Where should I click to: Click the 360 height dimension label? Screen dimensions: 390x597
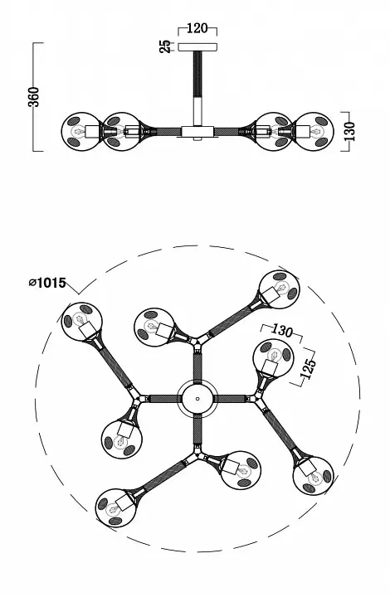pos(34,97)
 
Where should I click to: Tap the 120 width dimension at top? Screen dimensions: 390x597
pos(197,28)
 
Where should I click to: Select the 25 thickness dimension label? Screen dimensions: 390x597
pos(166,46)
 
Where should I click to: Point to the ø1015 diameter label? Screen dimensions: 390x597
pos(47,283)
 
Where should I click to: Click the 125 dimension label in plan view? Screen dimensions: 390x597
pos(308,368)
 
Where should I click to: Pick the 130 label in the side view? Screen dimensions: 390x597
pos(350,131)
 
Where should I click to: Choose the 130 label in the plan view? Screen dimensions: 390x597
pos(281,331)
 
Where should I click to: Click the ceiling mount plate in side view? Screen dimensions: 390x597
pos(197,46)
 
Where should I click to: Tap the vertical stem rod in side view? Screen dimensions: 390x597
pos(197,89)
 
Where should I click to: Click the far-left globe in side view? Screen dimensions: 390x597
pos(81,131)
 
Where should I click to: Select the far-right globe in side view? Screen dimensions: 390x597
pos(314,131)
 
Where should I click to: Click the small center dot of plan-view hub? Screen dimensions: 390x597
pos(197,399)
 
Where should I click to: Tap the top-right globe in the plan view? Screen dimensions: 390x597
pos(280,289)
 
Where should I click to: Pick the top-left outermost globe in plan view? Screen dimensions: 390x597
pos(81,322)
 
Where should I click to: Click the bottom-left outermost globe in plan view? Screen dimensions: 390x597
pos(115,508)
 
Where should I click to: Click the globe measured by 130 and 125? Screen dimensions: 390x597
pos(274,359)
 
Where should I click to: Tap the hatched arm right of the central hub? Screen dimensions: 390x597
pos(230,399)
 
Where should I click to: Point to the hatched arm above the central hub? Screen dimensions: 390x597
pos(197,366)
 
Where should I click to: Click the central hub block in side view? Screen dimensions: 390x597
pos(197,131)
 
